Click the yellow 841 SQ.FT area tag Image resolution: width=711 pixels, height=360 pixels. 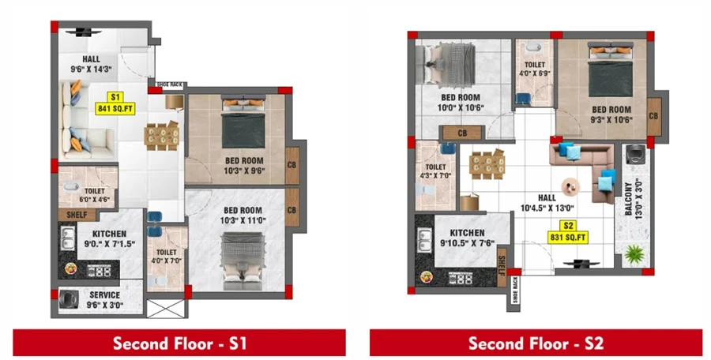coord(115,103)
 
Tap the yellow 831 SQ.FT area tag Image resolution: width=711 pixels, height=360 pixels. coord(568,232)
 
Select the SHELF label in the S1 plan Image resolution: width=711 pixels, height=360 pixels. coord(77,215)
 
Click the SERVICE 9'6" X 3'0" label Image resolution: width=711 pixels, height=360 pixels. coord(105,300)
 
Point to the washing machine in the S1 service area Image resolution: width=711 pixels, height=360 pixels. coord(69,299)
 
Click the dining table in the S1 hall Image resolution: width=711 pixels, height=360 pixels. coord(162,136)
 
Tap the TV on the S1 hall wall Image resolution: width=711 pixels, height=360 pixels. coord(84,32)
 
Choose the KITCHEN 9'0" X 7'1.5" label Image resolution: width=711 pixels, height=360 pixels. coord(109,239)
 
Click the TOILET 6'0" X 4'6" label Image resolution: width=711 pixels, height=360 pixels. coord(94,195)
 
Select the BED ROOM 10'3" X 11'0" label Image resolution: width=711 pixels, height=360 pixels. coord(243,216)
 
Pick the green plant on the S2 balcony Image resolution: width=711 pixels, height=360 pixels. coord(634,254)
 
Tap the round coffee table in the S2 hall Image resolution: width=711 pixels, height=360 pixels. coord(570,186)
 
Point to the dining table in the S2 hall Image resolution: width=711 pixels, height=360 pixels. coord(487,164)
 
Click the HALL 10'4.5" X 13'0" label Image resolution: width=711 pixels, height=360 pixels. coord(547,203)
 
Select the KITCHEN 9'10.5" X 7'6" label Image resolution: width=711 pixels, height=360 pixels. coord(468,238)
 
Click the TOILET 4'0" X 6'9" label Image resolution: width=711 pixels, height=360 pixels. coord(535,69)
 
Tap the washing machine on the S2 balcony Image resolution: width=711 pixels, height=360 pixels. coord(635,155)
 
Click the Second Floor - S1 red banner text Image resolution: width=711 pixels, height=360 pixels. coord(179,343)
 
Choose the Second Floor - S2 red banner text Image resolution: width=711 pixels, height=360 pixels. coord(536,343)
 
